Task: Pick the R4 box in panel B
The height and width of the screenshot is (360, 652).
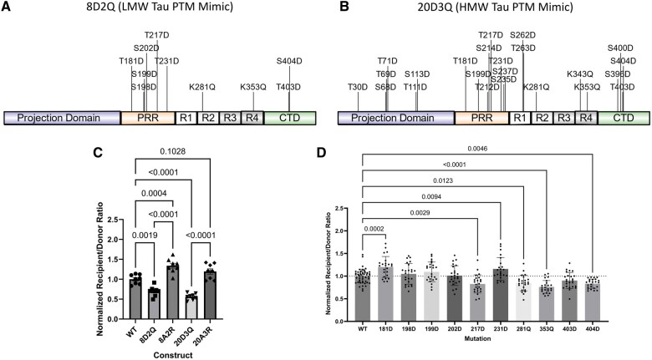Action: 587,119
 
